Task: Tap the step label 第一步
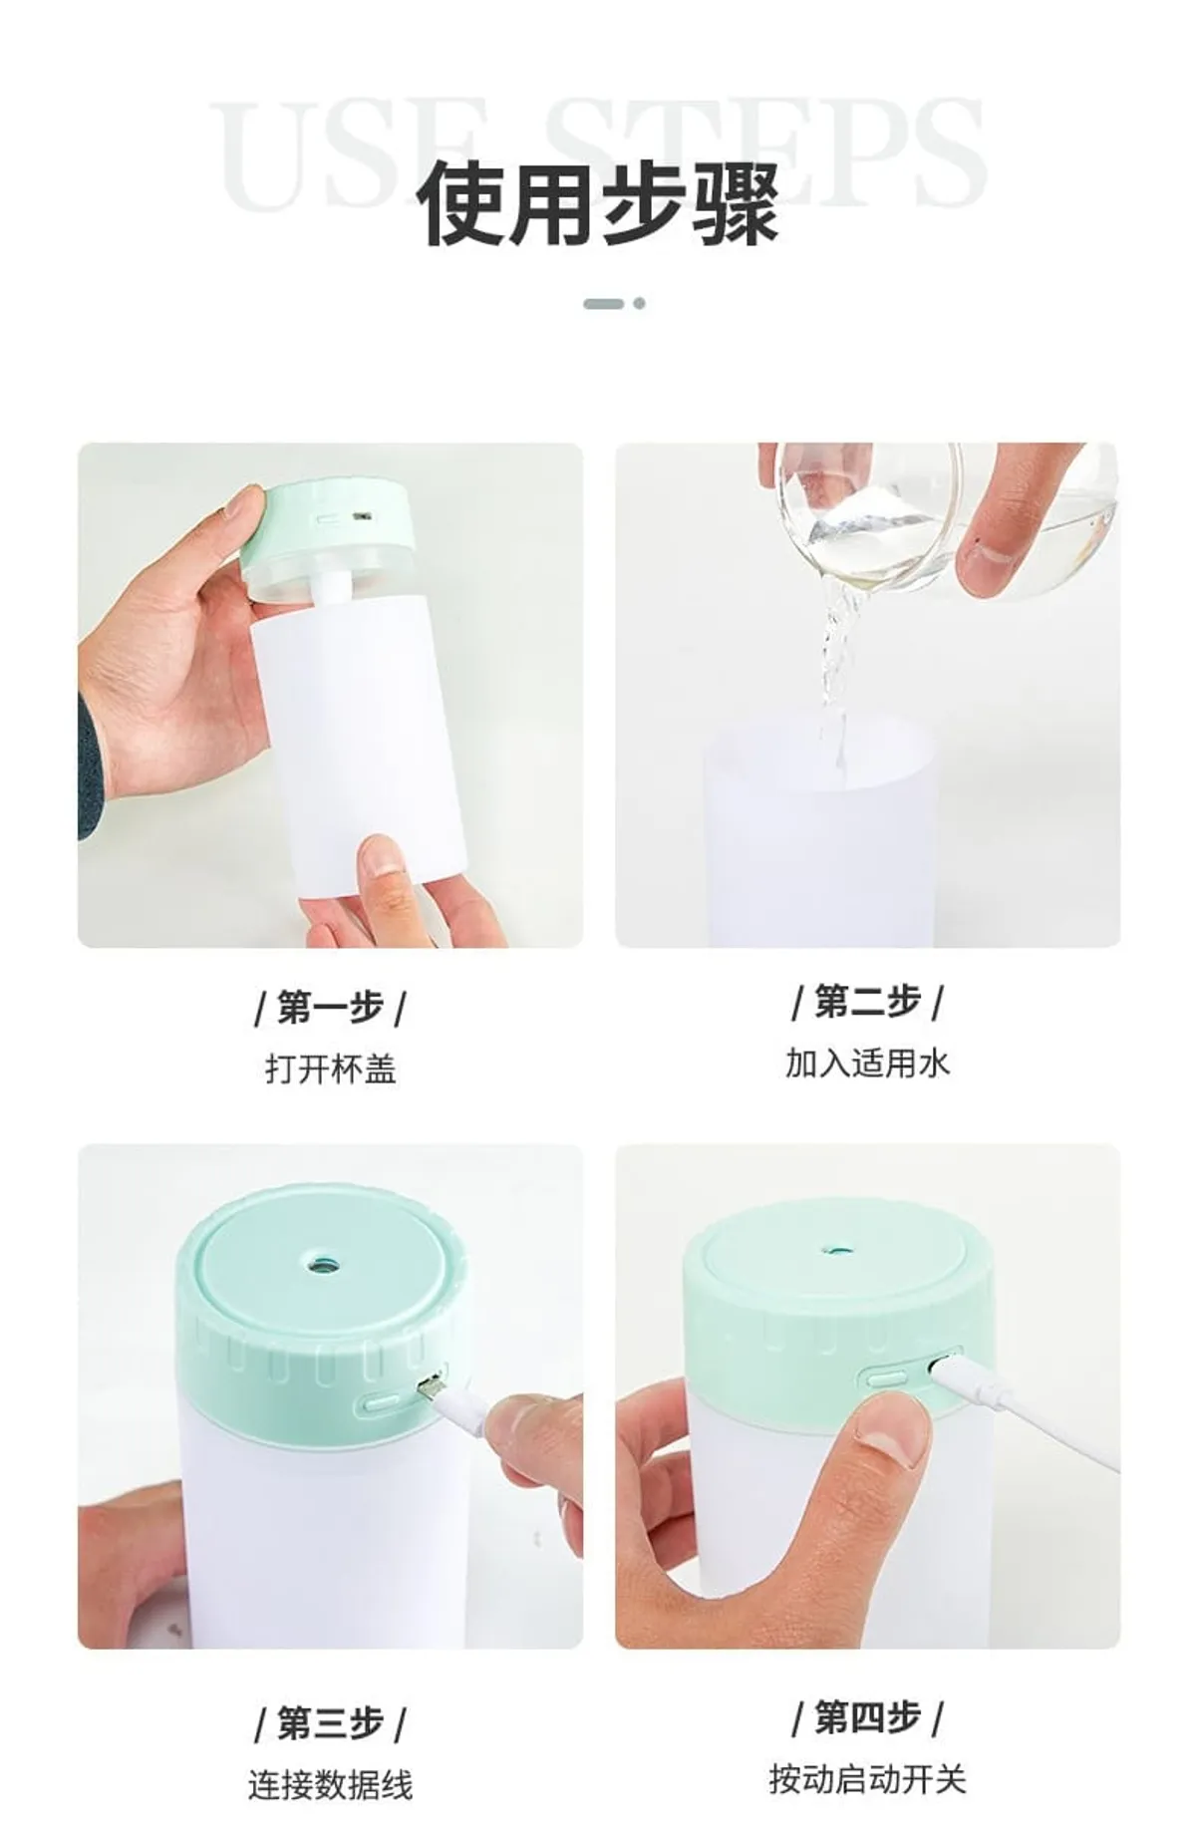click(x=330, y=1008)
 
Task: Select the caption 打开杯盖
click(x=330, y=1070)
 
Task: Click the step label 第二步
click(x=867, y=1002)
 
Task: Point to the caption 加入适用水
click(x=867, y=1064)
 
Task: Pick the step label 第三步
click(x=330, y=1721)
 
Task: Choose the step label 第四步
click(x=867, y=1716)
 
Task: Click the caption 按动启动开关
click(x=867, y=1778)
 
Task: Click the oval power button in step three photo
click(x=380, y=1402)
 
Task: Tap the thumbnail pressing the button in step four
click(x=893, y=1430)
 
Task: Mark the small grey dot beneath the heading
click(x=639, y=303)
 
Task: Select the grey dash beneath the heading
click(x=604, y=303)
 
